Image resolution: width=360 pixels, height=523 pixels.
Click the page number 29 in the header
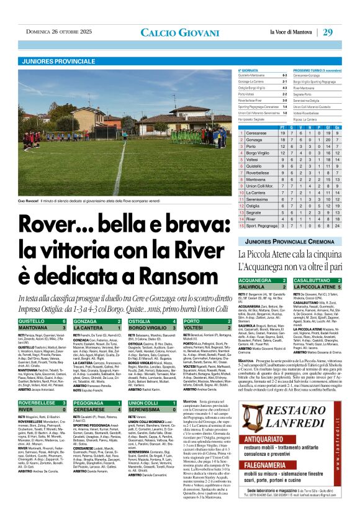(x=345, y=32)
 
